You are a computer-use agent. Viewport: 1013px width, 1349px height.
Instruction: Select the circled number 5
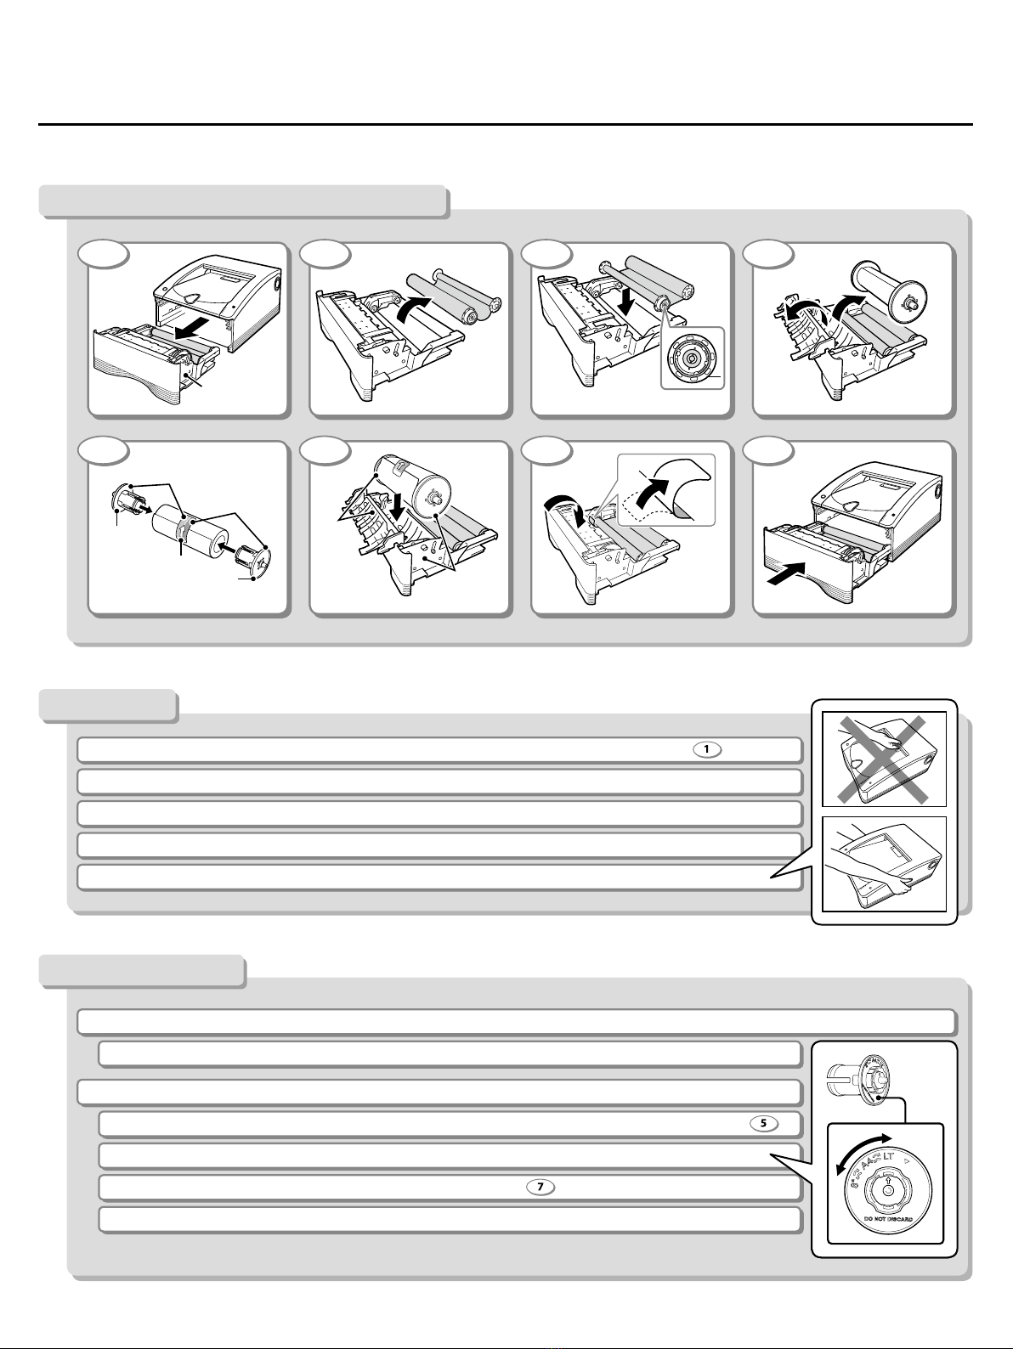point(763,1123)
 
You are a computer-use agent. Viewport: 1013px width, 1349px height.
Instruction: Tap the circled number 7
point(540,1187)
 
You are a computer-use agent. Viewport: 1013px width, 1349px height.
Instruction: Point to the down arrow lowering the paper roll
point(397,508)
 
